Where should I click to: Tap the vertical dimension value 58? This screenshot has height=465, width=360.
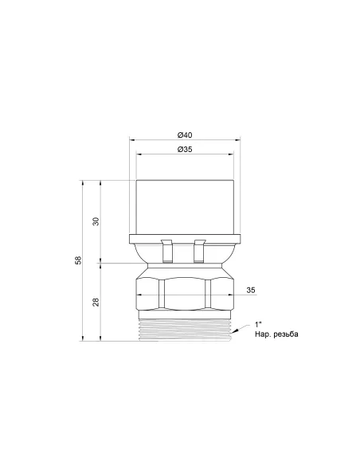[78, 261]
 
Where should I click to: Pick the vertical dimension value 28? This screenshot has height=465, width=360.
[96, 302]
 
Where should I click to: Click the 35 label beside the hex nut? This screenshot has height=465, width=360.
[252, 289]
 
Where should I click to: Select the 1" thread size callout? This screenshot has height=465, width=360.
[257, 323]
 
